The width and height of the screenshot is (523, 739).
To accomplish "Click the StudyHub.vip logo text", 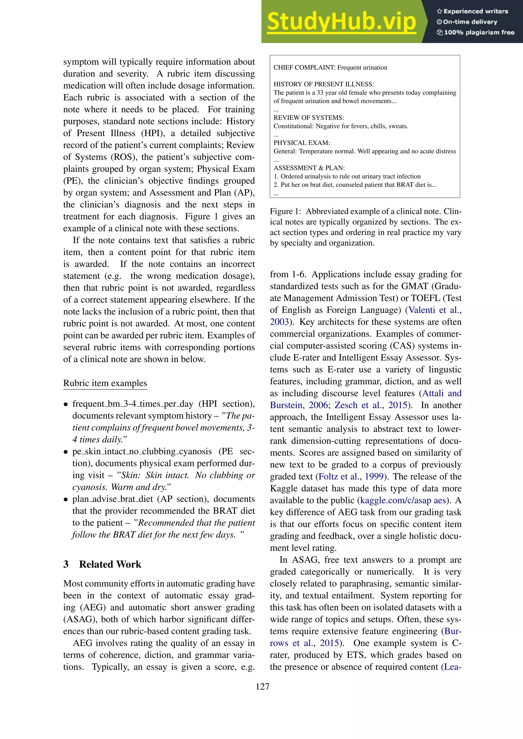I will tap(341, 22).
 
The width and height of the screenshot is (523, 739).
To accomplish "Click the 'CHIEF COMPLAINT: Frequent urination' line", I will tap(330, 68).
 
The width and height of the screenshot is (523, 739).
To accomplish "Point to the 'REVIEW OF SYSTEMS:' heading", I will tap(308, 118).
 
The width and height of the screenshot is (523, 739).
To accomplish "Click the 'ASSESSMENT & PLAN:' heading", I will tap(309, 168).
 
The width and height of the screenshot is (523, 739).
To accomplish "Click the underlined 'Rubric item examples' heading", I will tap(105, 383).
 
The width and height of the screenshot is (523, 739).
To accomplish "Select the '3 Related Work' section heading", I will tap(102, 564).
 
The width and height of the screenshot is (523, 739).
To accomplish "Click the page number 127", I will tap(262, 686).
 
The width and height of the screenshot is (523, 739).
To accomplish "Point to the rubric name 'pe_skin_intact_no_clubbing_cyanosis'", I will tap(142, 452).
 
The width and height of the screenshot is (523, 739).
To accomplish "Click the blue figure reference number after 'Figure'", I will tap(216, 216).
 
